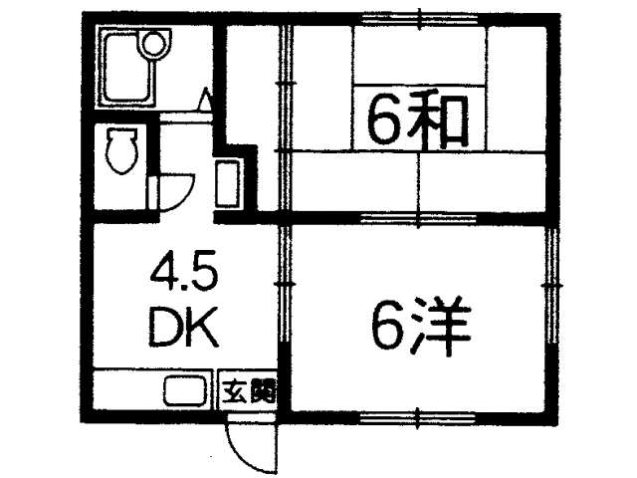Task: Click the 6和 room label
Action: click(x=417, y=120)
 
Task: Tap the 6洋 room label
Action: click(x=421, y=327)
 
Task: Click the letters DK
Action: click(x=184, y=328)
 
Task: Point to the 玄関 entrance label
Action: click(x=249, y=391)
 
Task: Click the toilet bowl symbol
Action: click(x=121, y=150)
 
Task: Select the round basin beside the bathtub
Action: click(x=152, y=44)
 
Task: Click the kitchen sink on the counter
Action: click(x=186, y=391)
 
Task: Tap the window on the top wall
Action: click(x=419, y=19)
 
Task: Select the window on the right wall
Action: click(x=551, y=286)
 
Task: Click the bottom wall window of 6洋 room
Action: click(x=418, y=417)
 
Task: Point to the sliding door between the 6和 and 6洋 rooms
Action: click(x=418, y=219)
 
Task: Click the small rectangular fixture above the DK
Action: click(x=228, y=183)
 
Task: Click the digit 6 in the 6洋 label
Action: click(x=388, y=328)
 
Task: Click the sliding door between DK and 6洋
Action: click(x=286, y=285)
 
